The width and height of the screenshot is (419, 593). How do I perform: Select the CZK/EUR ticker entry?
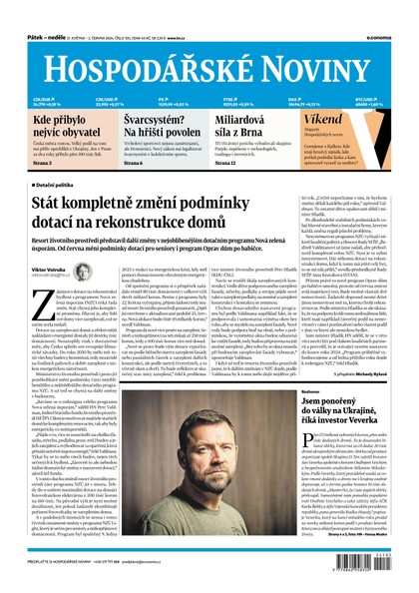point(44,101)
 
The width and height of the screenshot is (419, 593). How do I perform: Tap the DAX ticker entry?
point(313,101)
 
